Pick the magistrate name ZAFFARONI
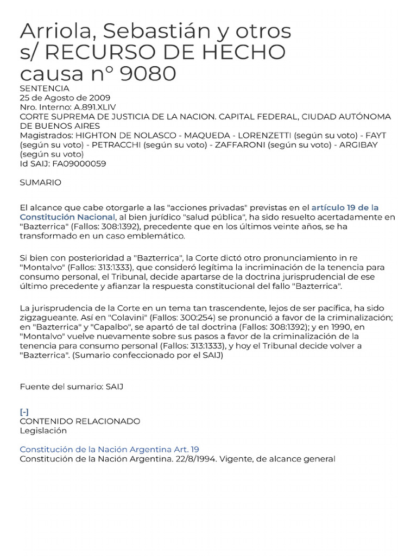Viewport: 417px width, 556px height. [x=245, y=144]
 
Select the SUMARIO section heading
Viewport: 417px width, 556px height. [x=41, y=183]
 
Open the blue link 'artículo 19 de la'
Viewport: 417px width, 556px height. [x=345, y=207]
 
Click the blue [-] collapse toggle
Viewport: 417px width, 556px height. [x=24, y=412]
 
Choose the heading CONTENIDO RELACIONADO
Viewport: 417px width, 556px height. [x=80, y=421]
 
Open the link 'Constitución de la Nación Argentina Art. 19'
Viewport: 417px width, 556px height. [x=109, y=450]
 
